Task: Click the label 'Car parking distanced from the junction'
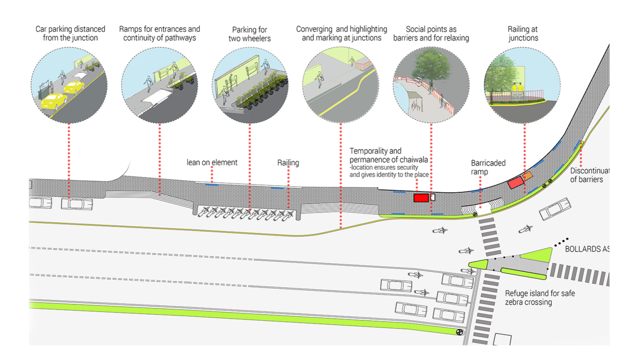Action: coord(70,34)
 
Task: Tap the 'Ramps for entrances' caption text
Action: coord(159,34)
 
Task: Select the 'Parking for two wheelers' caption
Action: coord(249,34)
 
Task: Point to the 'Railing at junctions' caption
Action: coord(523,34)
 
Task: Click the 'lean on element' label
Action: coord(212,162)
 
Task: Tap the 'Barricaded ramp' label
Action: coord(488,167)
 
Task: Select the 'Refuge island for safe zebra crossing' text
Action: coord(540,298)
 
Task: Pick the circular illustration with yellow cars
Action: coord(69,86)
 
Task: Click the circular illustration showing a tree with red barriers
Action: coord(431,86)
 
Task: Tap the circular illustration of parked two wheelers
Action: coord(250,86)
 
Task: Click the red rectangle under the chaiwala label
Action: coord(421,198)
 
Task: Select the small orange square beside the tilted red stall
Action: coord(527,176)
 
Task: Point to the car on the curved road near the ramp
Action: coord(555,209)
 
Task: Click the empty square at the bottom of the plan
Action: coord(502,340)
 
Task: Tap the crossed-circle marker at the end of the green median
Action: coord(459,332)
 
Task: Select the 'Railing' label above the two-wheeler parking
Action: coord(288,163)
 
